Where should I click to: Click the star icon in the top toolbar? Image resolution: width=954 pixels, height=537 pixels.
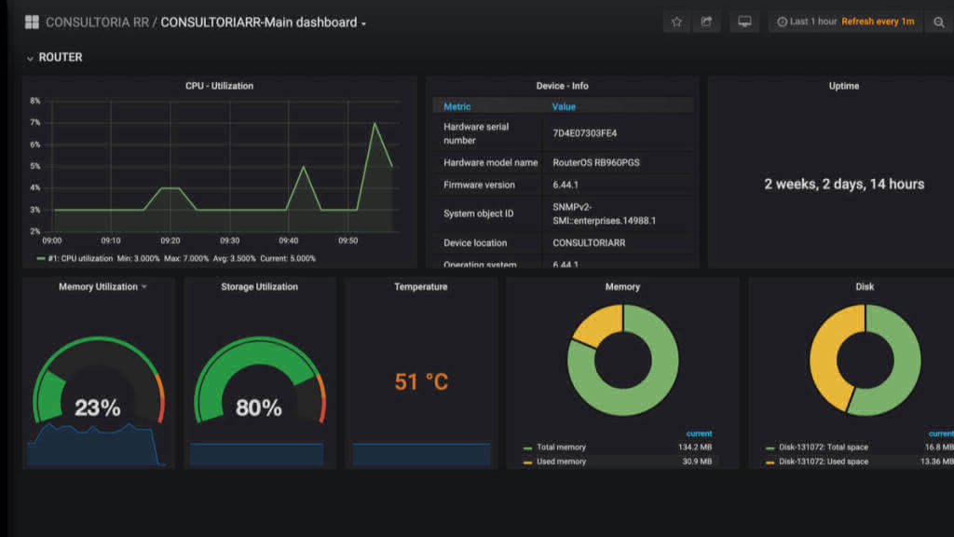click(676, 22)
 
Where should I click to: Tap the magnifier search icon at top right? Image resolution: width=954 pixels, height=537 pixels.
click(939, 22)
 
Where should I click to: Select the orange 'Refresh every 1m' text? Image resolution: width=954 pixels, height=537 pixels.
click(878, 21)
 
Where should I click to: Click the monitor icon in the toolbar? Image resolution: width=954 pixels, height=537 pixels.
click(744, 22)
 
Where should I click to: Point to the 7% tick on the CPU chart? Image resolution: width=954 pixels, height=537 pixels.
click(35, 122)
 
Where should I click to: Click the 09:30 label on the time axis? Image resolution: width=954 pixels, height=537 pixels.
click(229, 241)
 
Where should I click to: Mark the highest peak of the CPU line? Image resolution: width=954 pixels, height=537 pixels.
click(375, 124)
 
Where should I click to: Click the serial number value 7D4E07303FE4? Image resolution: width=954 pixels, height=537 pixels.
click(585, 133)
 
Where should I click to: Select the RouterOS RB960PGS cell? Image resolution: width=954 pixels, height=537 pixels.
click(595, 162)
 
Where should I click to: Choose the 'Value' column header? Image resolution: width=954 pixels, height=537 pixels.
click(564, 106)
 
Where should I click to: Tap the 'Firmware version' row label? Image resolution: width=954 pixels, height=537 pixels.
click(479, 185)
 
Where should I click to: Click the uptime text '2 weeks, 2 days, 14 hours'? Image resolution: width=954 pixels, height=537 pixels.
click(844, 184)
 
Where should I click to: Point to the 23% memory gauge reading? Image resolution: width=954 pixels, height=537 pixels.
click(97, 407)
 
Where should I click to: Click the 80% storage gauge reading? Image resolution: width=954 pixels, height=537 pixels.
click(259, 407)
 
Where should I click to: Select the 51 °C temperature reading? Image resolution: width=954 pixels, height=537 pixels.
click(421, 381)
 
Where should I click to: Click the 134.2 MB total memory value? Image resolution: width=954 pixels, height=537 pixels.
click(695, 447)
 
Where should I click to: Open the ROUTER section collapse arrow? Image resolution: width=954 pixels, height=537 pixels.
click(30, 58)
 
